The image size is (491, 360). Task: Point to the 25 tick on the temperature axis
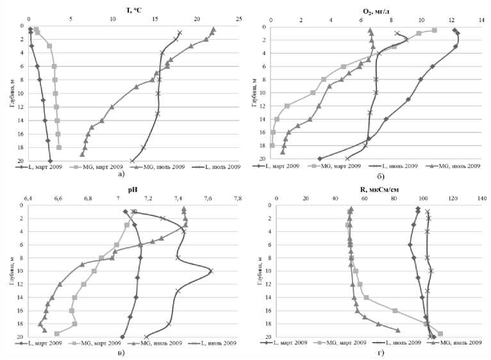point(238,19)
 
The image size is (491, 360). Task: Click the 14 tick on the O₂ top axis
point(479,19)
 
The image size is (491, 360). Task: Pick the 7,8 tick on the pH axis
point(238,199)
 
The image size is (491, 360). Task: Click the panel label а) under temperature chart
point(122,174)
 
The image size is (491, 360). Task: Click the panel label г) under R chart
point(381,351)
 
